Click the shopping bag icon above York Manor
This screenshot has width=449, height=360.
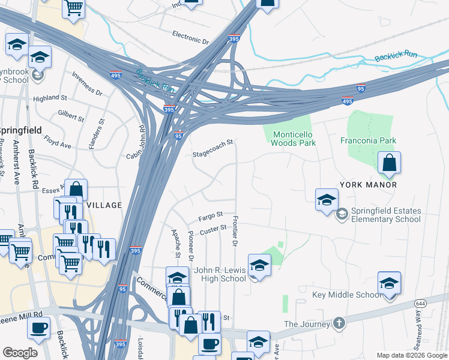tap(389, 163)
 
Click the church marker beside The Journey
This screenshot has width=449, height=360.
tap(339, 323)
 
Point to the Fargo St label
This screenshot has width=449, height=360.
tap(211, 215)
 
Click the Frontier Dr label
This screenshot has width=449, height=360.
tap(235, 231)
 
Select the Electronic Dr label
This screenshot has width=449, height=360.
tap(190, 37)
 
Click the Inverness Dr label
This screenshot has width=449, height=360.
tap(87, 83)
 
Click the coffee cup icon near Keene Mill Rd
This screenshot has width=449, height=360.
tap(39, 328)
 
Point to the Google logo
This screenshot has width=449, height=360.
tap(20, 353)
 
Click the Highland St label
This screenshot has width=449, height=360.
tap(50, 98)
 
